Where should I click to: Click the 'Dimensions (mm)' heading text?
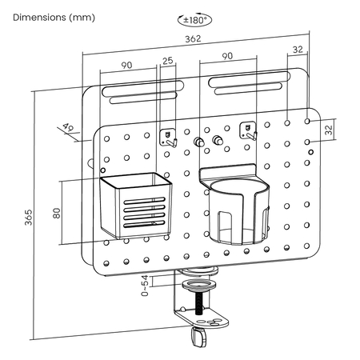click(54, 18)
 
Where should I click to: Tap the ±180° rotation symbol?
click(194, 19)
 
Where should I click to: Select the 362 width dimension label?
click(193, 39)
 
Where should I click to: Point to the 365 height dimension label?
click(28, 218)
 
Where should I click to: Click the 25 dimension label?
click(168, 61)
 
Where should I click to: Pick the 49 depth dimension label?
click(68, 127)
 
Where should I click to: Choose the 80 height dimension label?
click(57, 214)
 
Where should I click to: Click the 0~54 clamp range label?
click(145, 286)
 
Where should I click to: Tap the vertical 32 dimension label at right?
click(329, 130)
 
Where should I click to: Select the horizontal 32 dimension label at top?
click(298, 50)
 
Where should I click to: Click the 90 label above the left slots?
click(126, 65)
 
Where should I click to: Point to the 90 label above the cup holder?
click(227, 56)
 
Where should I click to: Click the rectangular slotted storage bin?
click(136, 206)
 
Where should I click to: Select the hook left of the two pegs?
click(168, 137)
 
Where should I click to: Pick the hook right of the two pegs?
click(248, 131)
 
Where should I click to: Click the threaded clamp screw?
click(198, 303)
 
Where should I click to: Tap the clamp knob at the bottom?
click(198, 337)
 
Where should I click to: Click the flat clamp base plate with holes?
click(202, 318)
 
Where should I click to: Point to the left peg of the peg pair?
click(199, 142)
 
